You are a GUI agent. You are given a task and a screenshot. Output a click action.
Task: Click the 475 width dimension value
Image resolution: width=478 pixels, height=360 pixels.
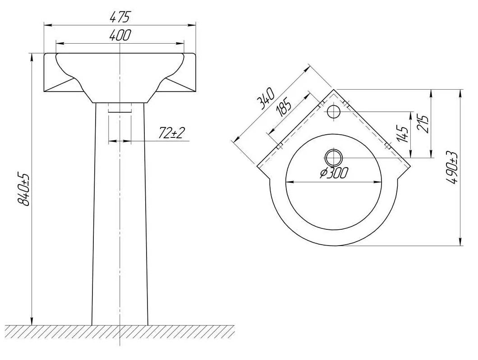120,17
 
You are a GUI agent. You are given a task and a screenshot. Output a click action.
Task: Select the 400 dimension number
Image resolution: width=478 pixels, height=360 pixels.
120,35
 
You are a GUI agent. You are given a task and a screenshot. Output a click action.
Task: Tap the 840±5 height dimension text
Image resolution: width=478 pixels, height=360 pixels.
23,189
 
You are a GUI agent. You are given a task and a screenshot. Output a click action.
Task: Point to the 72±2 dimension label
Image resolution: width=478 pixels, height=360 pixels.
172,132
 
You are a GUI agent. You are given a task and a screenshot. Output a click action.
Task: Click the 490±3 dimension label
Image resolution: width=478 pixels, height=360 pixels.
452,168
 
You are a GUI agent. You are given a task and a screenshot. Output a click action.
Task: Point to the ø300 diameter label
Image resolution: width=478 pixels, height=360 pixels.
334,173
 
